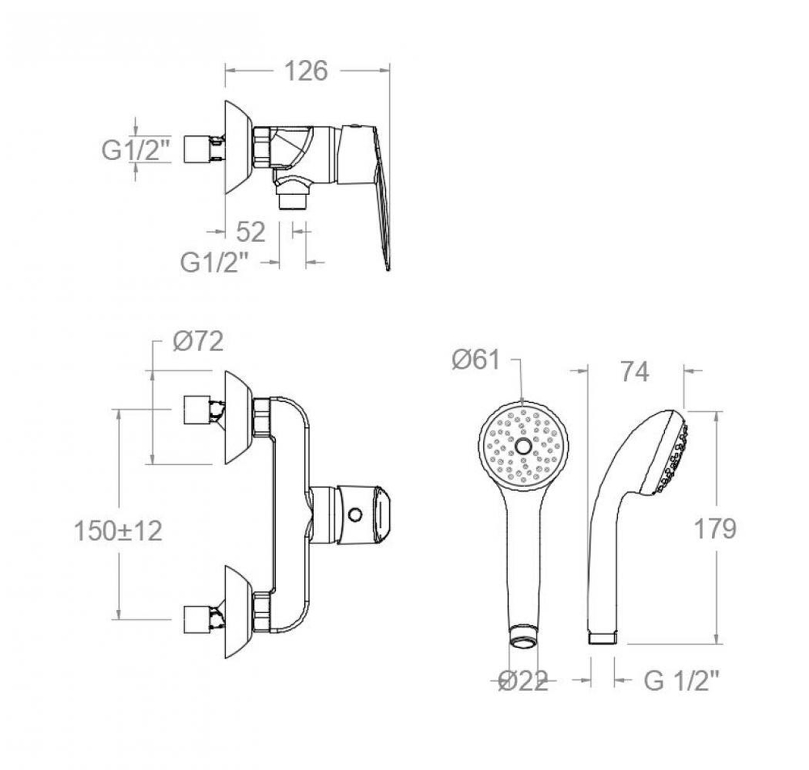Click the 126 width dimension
[306, 71]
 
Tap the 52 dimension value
[251, 232]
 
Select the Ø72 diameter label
[198, 341]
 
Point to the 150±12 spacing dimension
[118, 531]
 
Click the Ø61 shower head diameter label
[476, 359]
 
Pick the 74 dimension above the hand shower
[634, 371]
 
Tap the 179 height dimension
[715, 529]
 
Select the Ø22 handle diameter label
[523, 682]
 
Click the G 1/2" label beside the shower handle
[681, 681]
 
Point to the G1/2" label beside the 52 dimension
[214, 263]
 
